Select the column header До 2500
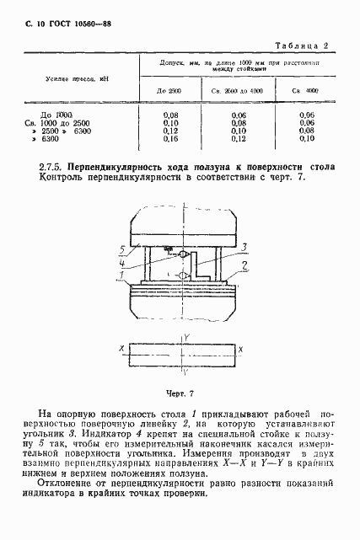click(x=169, y=89)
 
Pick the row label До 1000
click(x=57, y=114)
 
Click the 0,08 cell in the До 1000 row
click(x=169, y=114)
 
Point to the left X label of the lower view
click(x=124, y=348)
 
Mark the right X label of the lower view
click(x=241, y=348)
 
